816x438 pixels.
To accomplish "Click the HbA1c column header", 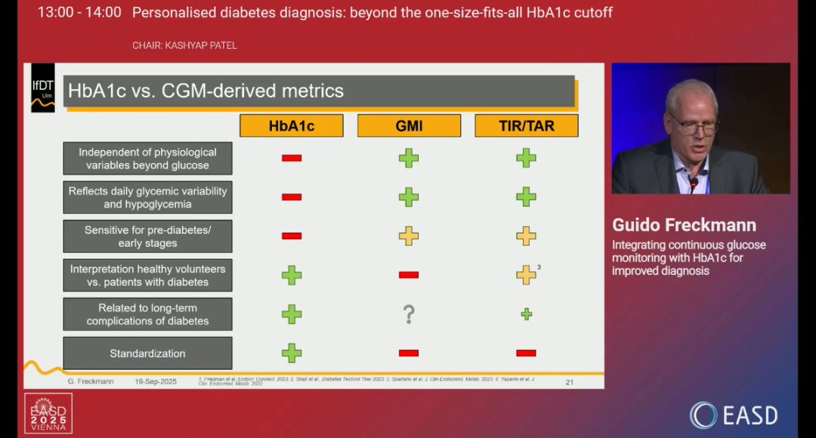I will coord(291,125).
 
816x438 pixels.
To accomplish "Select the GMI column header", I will coord(409,125).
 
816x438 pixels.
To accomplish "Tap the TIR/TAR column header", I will coord(526,125).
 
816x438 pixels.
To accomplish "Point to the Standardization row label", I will coord(147,353).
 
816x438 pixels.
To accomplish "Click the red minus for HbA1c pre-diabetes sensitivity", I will coord(292,236).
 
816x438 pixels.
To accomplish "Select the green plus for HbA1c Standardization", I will coord(292,353).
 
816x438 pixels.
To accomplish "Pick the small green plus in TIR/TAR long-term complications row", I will coord(527,314).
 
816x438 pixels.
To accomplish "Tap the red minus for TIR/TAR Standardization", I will coord(526,353).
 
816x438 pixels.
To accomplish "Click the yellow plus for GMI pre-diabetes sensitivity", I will coord(409,236).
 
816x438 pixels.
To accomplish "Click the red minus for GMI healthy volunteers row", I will coord(409,275).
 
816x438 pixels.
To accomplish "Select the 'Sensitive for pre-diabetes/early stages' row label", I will coord(147,236).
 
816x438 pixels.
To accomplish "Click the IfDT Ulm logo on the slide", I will coord(42,88).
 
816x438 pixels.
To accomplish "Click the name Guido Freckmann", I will coord(684,225).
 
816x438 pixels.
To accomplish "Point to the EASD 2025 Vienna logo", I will coord(48,413).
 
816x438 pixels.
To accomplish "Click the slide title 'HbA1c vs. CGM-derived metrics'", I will coord(206,91).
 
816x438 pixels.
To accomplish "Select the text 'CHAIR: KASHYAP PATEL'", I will coord(184,45).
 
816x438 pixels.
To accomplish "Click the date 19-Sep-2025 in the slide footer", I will coord(156,381).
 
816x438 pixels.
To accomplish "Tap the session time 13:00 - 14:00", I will coord(79,12).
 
